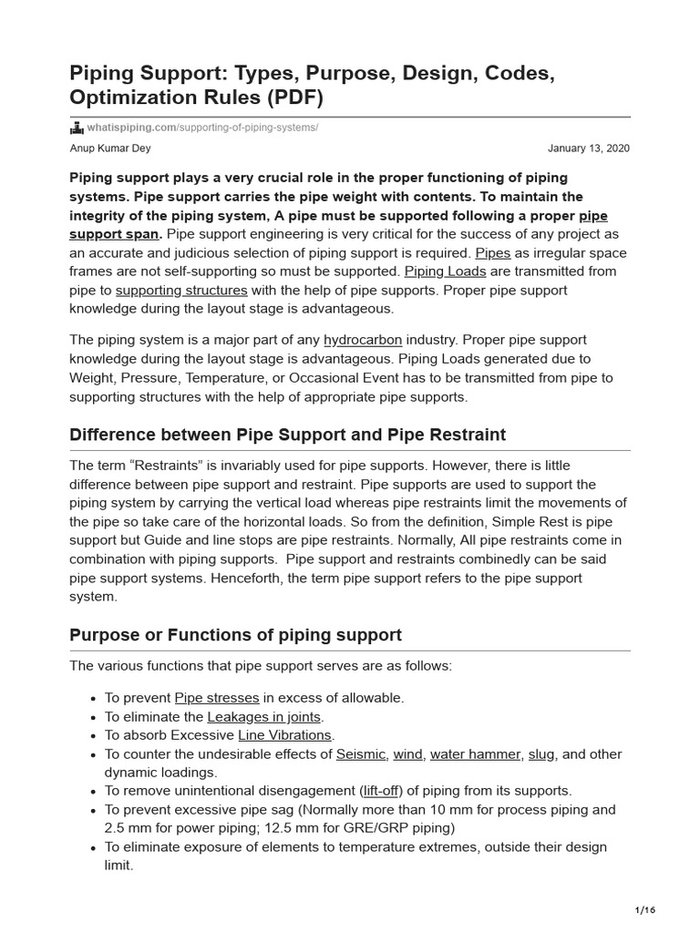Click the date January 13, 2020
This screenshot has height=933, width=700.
click(x=589, y=148)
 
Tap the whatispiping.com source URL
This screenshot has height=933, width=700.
click(x=201, y=127)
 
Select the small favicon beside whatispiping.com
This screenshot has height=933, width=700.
click(x=77, y=127)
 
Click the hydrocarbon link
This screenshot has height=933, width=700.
click(x=363, y=340)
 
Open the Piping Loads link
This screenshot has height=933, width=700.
click(x=445, y=272)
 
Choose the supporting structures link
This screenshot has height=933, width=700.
click(x=181, y=290)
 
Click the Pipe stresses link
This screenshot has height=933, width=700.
click(x=217, y=698)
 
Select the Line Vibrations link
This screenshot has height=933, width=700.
click(x=285, y=735)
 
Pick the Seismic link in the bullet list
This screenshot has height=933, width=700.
click(x=361, y=754)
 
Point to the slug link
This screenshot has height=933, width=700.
click(x=541, y=754)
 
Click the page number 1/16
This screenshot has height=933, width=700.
click(x=644, y=910)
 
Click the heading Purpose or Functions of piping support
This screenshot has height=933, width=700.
click(x=235, y=635)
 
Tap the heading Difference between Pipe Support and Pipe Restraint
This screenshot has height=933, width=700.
click(x=287, y=435)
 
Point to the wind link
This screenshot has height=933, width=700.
click(x=408, y=754)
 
